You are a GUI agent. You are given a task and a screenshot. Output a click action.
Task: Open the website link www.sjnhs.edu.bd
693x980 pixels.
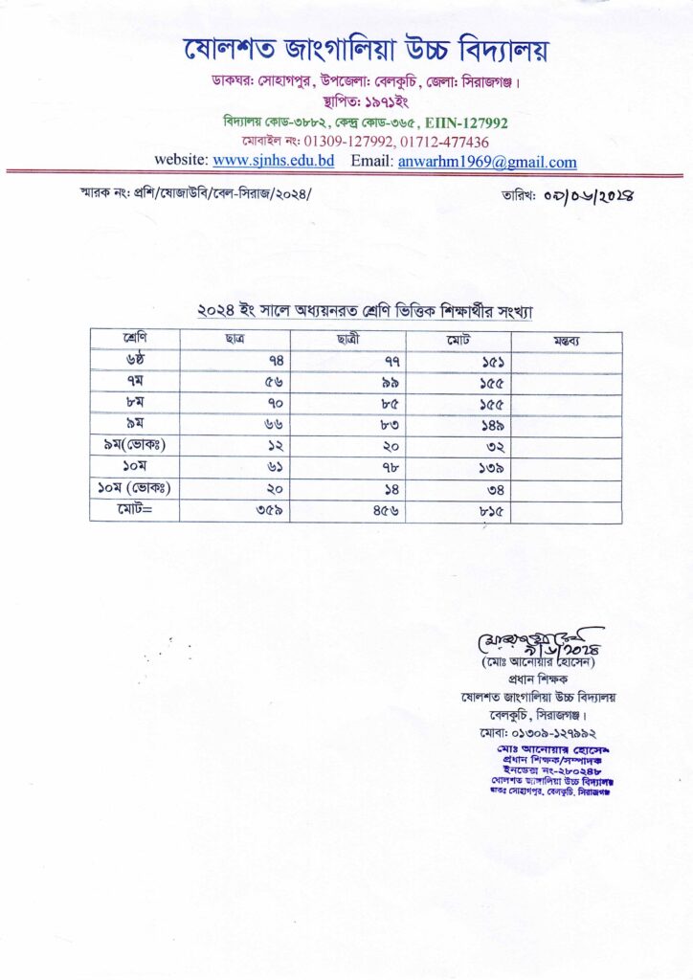click(x=274, y=161)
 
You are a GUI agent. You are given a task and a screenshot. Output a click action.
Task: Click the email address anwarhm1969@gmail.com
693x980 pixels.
click(x=487, y=161)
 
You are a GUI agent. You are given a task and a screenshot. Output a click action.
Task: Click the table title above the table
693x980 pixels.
click(x=364, y=312)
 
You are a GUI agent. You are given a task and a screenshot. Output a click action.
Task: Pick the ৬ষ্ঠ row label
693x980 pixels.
click(x=134, y=360)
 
